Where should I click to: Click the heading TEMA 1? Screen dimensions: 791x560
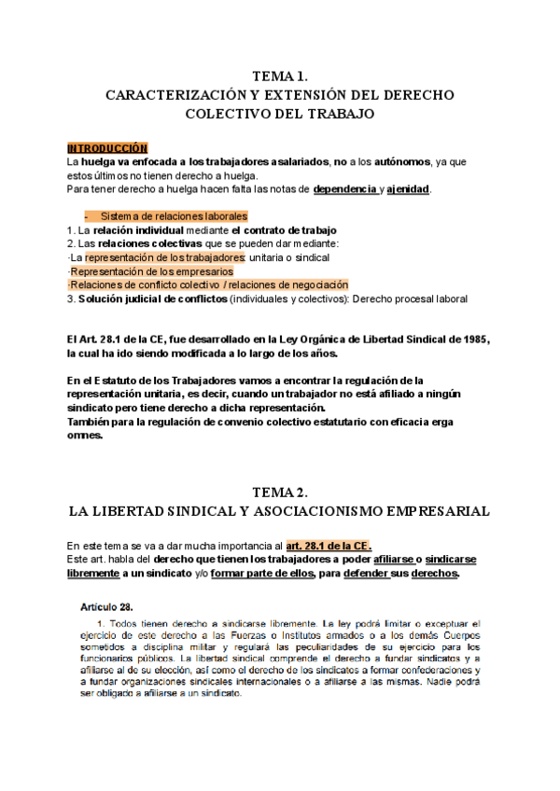[x=280, y=76]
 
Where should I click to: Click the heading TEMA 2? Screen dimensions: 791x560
[x=280, y=492]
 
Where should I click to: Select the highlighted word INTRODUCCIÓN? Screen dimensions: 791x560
[x=107, y=148]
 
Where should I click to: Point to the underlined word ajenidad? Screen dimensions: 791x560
[x=408, y=189]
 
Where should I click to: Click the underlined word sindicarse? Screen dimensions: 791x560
[x=450, y=559]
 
